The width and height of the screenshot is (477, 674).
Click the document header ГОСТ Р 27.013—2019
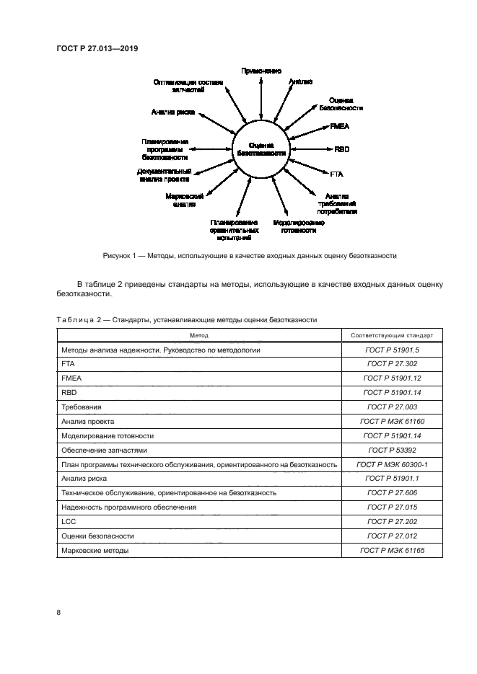coord(97,48)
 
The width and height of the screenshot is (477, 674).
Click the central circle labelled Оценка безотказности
coord(261,149)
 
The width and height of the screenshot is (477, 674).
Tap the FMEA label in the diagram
coord(339,126)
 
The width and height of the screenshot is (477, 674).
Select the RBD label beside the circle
coord(342,149)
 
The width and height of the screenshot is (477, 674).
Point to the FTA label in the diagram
coord(337,174)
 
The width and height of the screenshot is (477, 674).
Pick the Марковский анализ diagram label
coord(180,200)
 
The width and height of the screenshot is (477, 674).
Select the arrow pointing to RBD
coord(310,149)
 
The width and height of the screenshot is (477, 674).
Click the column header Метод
coord(199,335)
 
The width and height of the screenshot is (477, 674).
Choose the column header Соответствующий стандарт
coord(392,335)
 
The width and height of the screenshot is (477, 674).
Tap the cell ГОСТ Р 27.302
coord(392,364)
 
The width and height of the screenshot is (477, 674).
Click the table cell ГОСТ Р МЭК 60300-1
coord(392,464)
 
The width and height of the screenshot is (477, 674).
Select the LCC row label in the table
coord(69,521)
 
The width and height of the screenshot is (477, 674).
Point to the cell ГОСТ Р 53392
coord(392,450)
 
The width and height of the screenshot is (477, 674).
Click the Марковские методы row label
coord(95,550)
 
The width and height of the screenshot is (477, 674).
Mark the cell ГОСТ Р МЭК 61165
coord(392,550)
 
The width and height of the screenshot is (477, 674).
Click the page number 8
coord(59,613)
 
